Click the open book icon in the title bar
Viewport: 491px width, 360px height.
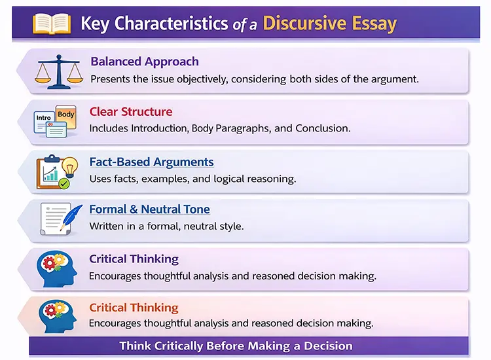click(x=52, y=24)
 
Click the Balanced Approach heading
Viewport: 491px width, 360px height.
click(x=144, y=62)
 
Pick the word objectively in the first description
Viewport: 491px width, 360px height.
click(x=194, y=79)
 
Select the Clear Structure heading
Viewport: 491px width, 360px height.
click(x=131, y=111)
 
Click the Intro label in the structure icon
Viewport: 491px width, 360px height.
click(x=44, y=118)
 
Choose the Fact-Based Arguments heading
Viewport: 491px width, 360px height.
click(x=151, y=162)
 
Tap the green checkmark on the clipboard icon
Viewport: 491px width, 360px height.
click(x=64, y=184)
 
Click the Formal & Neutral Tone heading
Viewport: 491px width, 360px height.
click(x=149, y=209)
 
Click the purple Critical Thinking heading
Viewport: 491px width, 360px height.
click(x=134, y=259)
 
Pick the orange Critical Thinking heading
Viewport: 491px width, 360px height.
click(x=134, y=307)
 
